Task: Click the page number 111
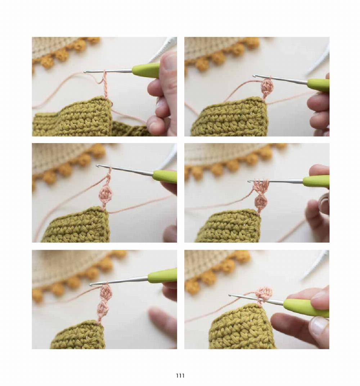(180, 376)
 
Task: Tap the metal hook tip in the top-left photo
(86, 71)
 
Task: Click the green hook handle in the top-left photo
(146, 70)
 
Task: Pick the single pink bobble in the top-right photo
(267, 86)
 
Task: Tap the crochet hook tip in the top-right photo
(255, 76)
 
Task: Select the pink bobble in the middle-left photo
(105, 194)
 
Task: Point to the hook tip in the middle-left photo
(98, 166)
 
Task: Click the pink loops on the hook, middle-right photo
(261, 185)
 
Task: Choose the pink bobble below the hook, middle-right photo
(261, 202)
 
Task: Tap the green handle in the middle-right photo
(315, 181)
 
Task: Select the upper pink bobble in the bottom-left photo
(105, 290)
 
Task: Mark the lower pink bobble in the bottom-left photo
(104, 307)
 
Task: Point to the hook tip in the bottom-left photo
(91, 284)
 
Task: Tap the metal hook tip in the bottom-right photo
(230, 296)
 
